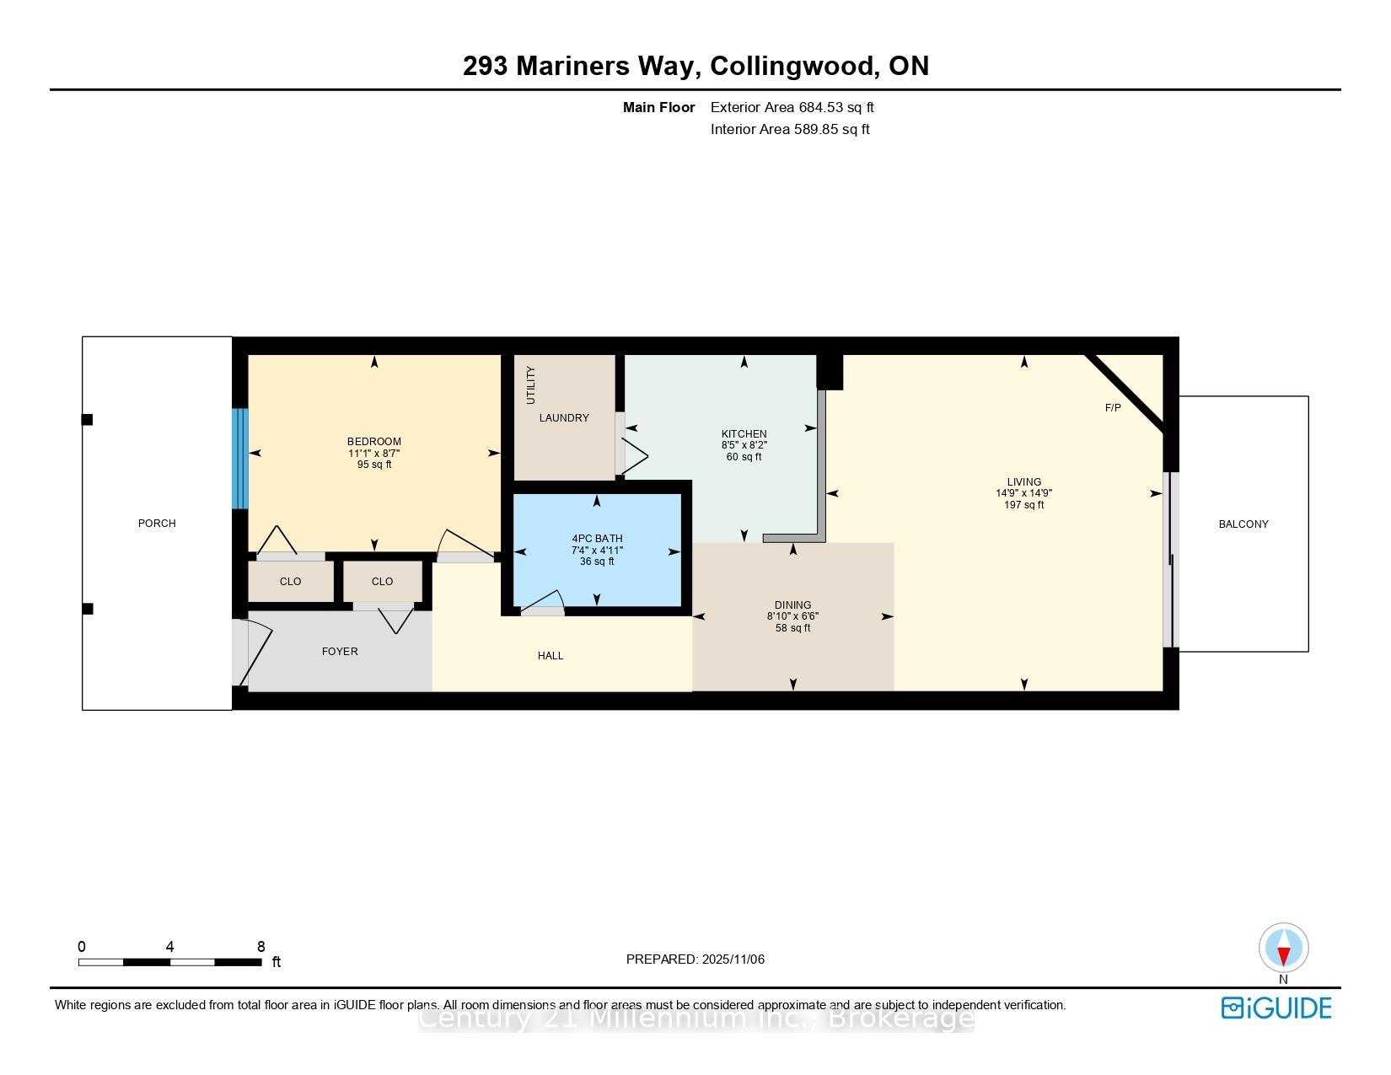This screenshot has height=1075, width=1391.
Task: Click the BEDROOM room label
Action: [374, 442]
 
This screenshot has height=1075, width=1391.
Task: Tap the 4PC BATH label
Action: [597, 539]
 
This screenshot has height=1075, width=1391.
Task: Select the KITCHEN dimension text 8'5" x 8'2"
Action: [744, 445]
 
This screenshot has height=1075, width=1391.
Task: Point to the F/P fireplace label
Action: [1113, 408]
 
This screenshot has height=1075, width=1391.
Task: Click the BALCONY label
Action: [1243, 524]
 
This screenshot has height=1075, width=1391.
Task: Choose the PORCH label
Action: [157, 524]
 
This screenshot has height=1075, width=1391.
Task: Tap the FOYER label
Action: [340, 652]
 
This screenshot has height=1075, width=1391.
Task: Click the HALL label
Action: [550, 656]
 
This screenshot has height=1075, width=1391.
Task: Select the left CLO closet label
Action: [290, 582]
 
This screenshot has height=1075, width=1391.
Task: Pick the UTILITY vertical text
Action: [531, 384]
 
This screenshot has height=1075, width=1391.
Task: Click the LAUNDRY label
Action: [564, 418]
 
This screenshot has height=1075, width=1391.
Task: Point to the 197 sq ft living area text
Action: [1023, 505]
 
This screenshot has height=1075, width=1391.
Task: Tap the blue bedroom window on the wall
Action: [240, 459]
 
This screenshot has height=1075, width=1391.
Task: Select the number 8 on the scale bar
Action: [261, 947]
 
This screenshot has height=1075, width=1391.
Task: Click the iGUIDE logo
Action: [1276, 1008]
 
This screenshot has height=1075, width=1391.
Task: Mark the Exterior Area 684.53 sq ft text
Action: [792, 107]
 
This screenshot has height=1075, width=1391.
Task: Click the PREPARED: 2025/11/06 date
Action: [695, 959]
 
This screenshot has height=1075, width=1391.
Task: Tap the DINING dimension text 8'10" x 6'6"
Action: [792, 616]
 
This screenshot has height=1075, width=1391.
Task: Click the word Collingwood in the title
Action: [793, 66]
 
